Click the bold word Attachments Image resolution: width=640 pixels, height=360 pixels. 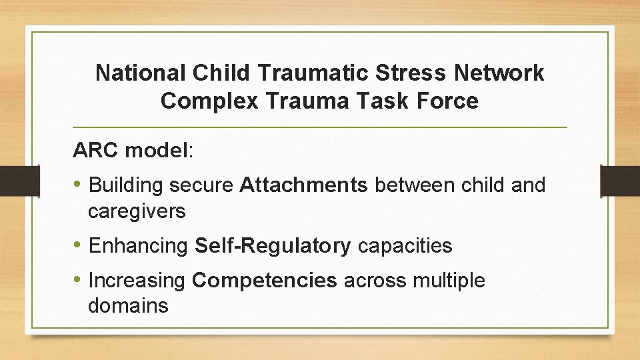click(x=303, y=185)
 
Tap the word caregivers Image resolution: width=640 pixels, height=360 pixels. click(x=137, y=212)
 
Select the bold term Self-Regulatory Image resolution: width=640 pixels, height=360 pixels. click(x=272, y=246)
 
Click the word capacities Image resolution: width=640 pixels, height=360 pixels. click(x=405, y=246)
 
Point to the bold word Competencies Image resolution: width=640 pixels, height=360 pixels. click(x=265, y=281)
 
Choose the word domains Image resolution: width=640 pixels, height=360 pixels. click(x=128, y=306)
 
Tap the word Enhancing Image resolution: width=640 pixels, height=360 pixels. click(x=139, y=246)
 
